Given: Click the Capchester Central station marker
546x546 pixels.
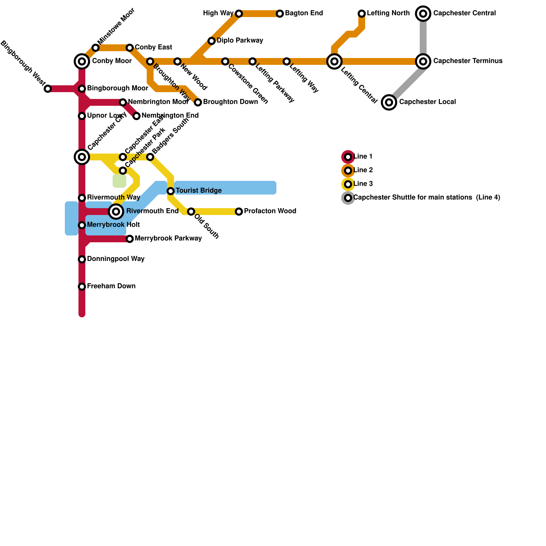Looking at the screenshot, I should pos(423,14).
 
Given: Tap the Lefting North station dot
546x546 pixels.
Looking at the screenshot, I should pos(362,14).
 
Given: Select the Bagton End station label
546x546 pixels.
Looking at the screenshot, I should pos(304,13).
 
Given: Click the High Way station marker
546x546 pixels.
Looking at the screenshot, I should pos(239,14).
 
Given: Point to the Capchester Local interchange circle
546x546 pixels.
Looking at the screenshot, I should pos(389,102).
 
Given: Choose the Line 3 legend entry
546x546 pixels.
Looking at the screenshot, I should pos(363,184).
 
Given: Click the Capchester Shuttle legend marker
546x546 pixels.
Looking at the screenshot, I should pos(348,198).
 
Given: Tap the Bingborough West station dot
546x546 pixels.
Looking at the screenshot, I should pos(48,89).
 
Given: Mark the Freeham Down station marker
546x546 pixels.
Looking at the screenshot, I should pos(82,287).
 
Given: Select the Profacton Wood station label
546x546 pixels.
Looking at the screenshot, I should pos(270,211).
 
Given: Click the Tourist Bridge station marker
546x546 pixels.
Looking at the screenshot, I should pos(171,191).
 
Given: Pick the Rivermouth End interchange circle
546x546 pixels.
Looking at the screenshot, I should pos(116,212).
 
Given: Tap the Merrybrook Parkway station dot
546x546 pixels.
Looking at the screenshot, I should pos(130,239).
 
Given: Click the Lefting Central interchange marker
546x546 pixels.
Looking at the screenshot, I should pos(334,61).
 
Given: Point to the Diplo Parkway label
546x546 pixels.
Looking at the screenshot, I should pos(240,41).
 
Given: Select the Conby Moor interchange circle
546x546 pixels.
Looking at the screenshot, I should pos(82,61).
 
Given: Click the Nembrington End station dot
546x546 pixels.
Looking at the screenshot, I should pos(136,116).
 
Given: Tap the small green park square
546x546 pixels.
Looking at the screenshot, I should pos(119,181).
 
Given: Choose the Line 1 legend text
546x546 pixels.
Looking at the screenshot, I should pos(363,157).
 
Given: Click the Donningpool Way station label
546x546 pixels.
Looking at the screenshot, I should pos(116,259).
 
